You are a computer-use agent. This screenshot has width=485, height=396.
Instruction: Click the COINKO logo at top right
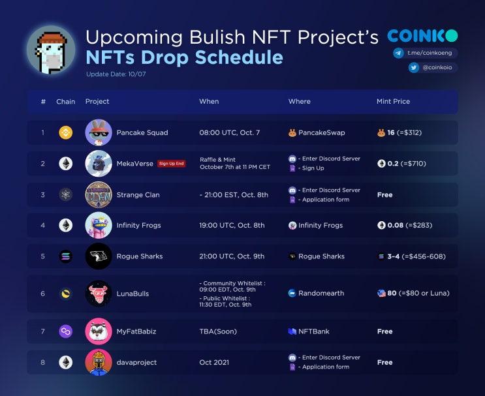point(422,36)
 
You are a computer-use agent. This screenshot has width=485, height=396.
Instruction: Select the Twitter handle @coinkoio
point(431,67)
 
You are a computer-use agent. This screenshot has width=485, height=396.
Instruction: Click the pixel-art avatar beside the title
point(51,50)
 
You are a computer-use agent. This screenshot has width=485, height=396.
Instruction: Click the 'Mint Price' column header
point(393,102)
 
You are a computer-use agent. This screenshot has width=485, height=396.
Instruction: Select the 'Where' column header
point(299,102)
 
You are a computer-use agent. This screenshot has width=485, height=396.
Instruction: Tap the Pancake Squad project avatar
point(99,132)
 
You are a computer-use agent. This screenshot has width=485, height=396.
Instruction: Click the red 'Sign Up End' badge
point(171,164)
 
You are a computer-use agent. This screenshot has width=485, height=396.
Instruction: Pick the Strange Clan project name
point(138,194)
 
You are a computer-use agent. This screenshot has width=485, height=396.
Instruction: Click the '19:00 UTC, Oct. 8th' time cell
point(232,226)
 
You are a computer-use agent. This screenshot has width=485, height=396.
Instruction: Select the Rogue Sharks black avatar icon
point(99,256)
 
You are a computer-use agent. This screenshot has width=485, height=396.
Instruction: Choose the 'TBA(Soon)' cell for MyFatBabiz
point(218,331)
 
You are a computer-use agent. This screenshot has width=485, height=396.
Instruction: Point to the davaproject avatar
point(99,362)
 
